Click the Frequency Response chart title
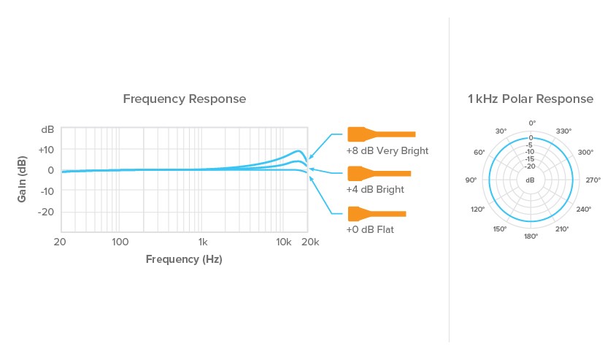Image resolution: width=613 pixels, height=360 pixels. pyautogui.click(x=185, y=99)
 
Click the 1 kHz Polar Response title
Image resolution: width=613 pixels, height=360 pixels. pyautogui.click(x=531, y=99)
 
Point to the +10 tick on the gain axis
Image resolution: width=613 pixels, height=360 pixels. pyautogui.click(x=46, y=150)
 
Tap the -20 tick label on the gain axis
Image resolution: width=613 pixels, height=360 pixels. pyautogui.click(x=46, y=212)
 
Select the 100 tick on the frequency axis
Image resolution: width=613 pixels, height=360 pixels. pyautogui.click(x=120, y=242)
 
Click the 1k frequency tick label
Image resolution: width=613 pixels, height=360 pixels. pyautogui.click(x=203, y=242)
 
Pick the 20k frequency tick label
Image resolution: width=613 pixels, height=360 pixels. pyautogui.click(x=310, y=242)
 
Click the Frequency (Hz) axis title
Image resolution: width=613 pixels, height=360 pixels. pyautogui.click(x=184, y=259)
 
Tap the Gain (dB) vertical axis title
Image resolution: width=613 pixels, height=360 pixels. pyautogui.click(x=22, y=179)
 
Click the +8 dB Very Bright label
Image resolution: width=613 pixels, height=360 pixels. pyautogui.click(x=388, y=150)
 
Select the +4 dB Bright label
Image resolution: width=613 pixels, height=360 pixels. pyautogui.click(x=375, y=189)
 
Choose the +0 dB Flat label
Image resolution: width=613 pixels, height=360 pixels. pyautogui.click(x=370, y=229)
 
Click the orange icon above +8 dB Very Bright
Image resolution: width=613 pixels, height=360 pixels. pyautogui.click(x=382, y=134)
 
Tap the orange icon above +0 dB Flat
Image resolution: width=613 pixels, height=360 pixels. pyautogui.click(x=377, y=214)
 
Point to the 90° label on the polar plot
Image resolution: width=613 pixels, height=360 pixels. pyautogui.click(x=471, y=180)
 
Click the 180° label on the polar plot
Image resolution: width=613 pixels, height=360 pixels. pyautogui.click(x=531, y=237)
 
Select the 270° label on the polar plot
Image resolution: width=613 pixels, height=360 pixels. pyautogui.click(x=593, y=180)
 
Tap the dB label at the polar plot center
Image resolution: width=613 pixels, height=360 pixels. pyautogui.click(x=530, y=180)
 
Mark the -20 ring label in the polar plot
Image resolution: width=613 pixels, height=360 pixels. pyautogui.click(x=530, y=166)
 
